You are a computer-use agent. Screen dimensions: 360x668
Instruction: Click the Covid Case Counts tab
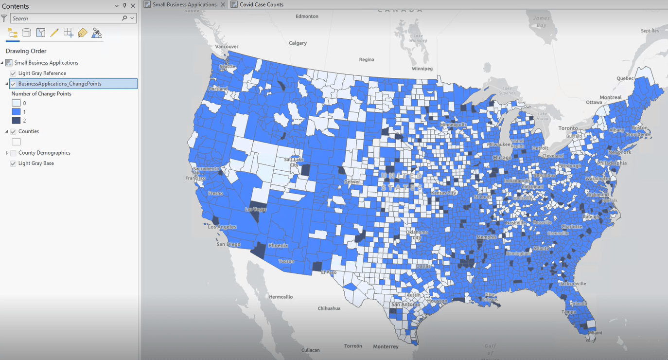[261, 4]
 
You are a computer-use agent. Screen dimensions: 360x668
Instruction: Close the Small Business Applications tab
[223, 4]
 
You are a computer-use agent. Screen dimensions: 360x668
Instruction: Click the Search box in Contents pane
[66, 18]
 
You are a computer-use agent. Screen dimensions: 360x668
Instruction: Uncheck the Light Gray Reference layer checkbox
[13, 73]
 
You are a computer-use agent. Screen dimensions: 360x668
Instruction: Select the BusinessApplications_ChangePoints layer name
[60, 84]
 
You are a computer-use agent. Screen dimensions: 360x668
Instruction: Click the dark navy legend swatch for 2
[16, 121]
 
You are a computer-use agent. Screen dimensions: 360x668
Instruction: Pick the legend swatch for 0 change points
[16, 103]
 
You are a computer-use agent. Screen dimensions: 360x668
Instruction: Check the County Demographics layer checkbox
[13, 153]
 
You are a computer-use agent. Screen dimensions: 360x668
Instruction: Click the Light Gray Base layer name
[36, 163]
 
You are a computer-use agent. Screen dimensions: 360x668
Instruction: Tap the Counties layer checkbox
[13, 131]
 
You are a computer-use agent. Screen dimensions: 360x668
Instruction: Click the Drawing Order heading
[26, 51]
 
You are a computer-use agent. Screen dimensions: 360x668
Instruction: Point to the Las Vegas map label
[256, 210]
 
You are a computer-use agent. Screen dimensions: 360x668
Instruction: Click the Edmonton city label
[307, 16]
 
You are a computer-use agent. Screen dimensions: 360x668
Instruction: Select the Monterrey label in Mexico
[386, 346]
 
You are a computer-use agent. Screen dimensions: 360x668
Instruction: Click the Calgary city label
[298, 43]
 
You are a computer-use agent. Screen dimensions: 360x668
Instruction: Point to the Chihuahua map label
[329, 308]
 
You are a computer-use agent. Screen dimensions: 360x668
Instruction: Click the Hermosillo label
[281, 296]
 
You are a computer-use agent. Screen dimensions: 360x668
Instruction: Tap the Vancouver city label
[227, 47]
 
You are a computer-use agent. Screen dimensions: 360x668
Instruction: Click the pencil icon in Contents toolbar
[54, 33]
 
